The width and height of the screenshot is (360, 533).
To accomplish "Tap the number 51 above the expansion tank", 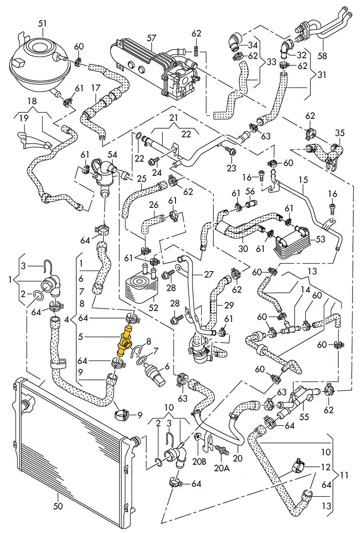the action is (42, 24).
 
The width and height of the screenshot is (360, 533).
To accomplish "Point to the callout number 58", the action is (322, 56).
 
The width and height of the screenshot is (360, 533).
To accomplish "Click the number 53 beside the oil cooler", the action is (320, 239).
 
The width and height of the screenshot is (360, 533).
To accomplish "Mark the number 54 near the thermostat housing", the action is (112, 155).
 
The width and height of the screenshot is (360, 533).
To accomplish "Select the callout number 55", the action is (304, 417).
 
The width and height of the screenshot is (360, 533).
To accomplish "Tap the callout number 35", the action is (340, 133).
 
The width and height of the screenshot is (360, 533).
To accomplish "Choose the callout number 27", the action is (208, 274).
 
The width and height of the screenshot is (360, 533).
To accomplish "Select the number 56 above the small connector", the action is (250, 191).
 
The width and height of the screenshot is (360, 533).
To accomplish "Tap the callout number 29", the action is (229, 305).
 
